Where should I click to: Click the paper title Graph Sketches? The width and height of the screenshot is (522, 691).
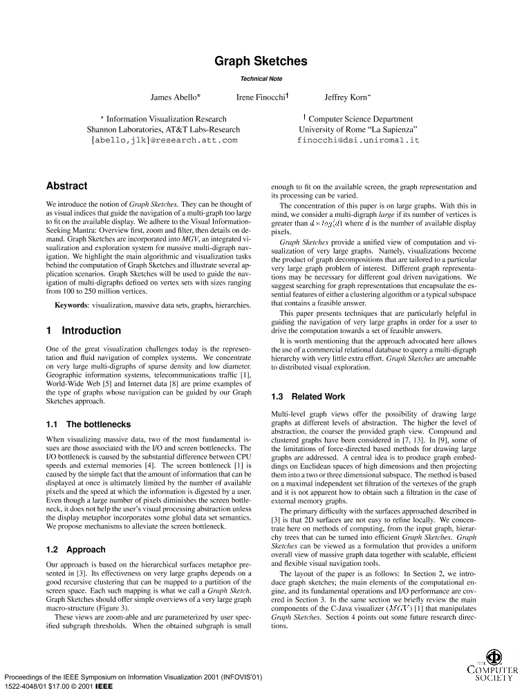point(261,61)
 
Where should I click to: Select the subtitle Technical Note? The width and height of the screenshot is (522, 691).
point(261,79)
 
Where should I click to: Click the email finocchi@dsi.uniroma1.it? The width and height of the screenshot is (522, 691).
point(357,140)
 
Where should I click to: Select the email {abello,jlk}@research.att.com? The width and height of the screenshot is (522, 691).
point(164,140)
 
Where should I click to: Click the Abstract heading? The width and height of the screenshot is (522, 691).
point(66,186)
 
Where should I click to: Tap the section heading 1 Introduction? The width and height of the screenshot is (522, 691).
point(83,330)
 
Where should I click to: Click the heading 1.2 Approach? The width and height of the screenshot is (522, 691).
point(75,549)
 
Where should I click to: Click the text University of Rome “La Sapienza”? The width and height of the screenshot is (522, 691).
point(357,129)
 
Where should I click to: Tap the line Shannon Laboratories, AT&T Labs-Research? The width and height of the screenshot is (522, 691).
point(164,129)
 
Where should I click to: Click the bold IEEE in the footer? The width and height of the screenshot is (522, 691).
point(104,686)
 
